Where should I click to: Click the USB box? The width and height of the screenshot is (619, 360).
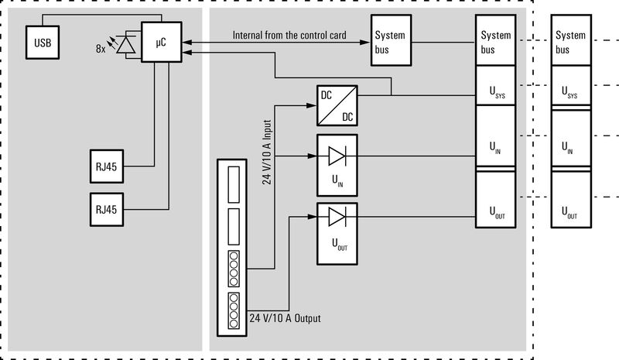click(x=42, y=41)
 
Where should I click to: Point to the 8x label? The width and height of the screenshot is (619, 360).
click(x=101, y=49)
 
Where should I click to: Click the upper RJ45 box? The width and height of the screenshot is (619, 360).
click(x=106, y=166)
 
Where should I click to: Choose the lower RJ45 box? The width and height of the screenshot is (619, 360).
click(x=106, y=209)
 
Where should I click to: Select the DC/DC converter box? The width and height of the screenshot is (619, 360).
click(x=337, y=105)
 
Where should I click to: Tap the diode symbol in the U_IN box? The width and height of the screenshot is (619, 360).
click(x=337, y=156)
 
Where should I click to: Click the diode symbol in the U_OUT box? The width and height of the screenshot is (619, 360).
click(x=337, y=215)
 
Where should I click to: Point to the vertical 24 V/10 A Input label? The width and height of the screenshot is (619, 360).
click(x=267, y=151)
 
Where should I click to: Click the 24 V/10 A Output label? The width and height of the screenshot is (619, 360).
click(x=285, y=318)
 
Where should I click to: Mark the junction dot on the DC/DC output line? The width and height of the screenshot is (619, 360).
click(x=392, y=95)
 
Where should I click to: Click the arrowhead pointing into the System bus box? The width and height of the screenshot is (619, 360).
click(x=366, y=42)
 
